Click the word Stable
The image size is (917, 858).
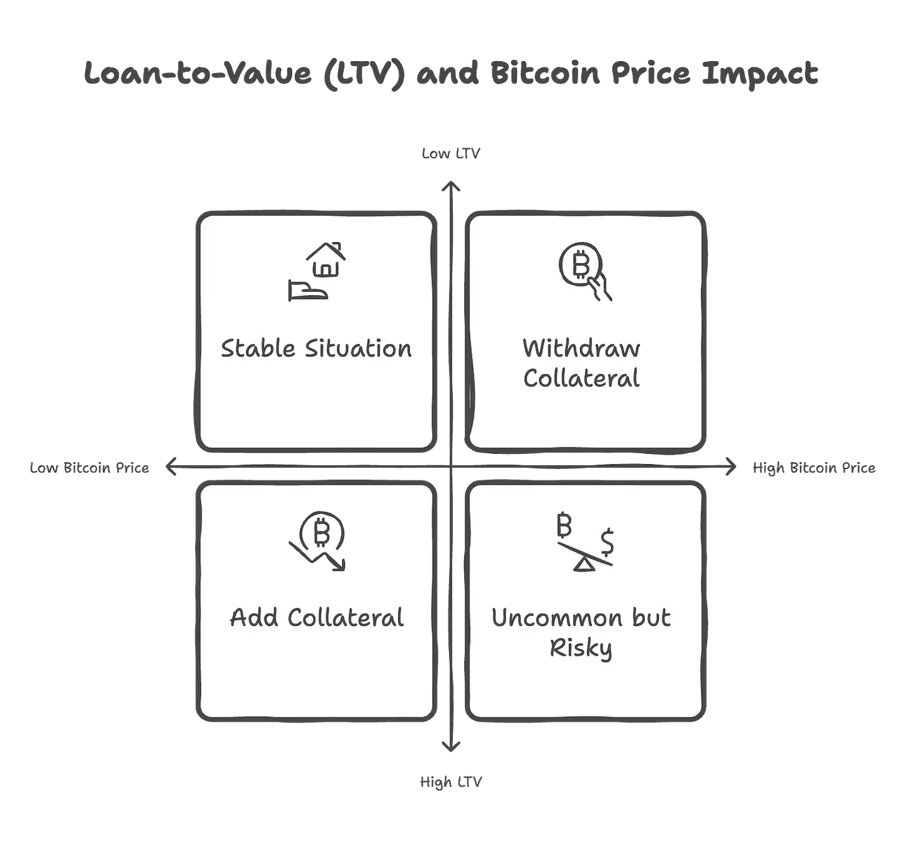pyautogui.click(x=258, y=349)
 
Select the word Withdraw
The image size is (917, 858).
pyautogui.click(x=581, y=348)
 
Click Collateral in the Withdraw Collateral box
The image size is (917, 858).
pyautogui.click(x=581, y=378)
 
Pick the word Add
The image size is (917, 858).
pyautogui.click(x=254, y=618)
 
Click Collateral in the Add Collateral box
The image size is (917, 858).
pyautogui.click(x=345, y=618)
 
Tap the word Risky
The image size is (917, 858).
pyautogui.click(x=581, y=648)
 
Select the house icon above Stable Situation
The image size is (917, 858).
pyautogui.click(x=326, y=260)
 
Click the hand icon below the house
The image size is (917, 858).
pyautogui.click(x=307, y=291)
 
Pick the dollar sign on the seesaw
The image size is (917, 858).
pyautogui.click(x=607, y=541)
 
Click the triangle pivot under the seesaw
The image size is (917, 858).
pyautogui.click(x=584, y=565)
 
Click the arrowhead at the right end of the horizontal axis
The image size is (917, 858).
pyautogui.click(x=729, y=467)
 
